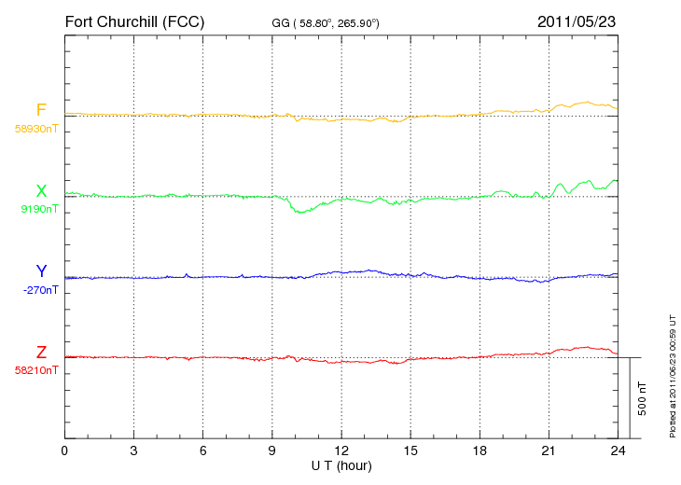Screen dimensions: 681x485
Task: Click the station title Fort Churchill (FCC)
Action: [134, 21]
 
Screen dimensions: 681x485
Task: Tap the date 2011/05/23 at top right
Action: [577, 21]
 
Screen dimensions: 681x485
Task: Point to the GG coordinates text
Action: [326, 23]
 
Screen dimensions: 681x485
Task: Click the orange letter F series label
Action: [41, 110]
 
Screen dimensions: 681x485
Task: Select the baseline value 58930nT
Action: [36, 129]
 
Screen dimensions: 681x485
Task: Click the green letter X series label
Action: [41, 191]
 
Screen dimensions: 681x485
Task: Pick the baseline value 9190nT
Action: [39, 209]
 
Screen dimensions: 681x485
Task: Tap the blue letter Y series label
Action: [41, 270]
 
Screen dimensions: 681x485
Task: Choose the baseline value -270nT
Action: [40, 290]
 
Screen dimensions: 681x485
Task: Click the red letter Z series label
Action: [41, 353]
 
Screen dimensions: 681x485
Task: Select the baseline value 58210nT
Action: [36, 370]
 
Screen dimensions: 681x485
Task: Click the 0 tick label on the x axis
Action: [64, 450]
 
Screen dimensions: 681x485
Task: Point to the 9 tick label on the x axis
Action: [272, 450]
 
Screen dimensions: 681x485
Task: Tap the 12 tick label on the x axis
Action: [341, 450]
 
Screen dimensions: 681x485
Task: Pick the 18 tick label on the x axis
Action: [479, 450]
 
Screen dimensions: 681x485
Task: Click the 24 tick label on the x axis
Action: [618, 450]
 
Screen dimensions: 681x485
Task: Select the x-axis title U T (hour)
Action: [341, 466]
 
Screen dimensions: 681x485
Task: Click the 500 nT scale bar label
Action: [643, 398]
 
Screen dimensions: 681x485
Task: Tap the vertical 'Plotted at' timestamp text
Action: [673, 377]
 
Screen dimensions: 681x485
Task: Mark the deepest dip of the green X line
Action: [299, 213]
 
